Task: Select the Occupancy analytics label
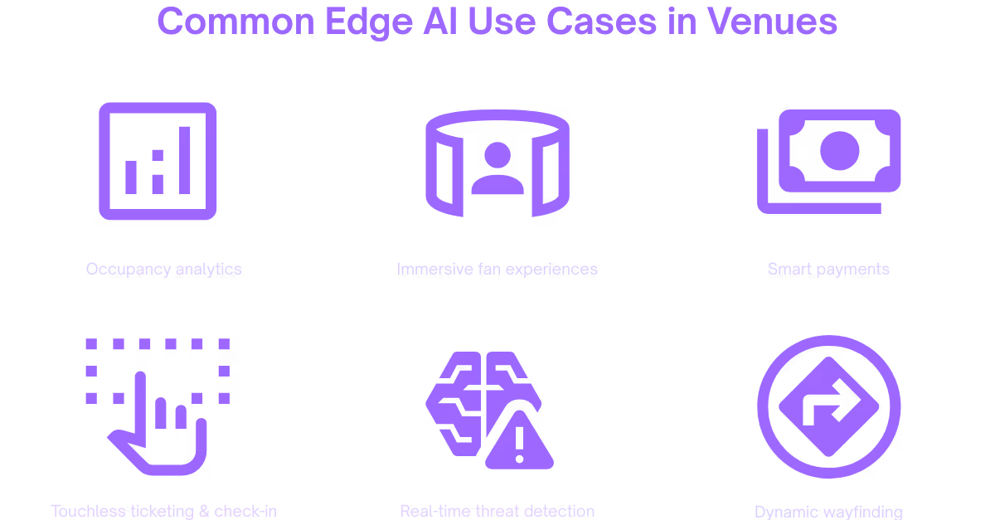tap(164, 269)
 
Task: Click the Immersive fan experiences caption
tap(497, 269)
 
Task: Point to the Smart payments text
tap(828, 269)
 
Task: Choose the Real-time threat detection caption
tap(497, 511)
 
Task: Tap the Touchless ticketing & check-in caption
tap(164, 511)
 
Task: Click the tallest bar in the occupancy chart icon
tap(185, 160)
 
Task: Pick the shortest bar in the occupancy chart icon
tap(131, 177)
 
